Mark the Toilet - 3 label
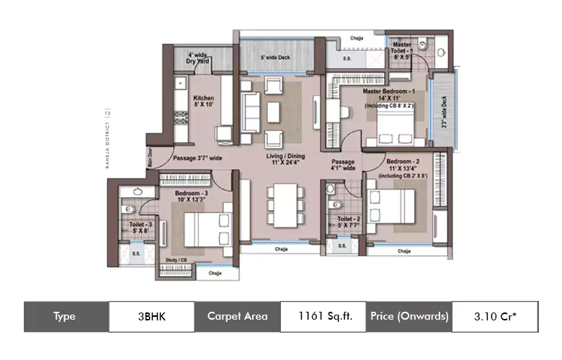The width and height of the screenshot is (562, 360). (138, 228)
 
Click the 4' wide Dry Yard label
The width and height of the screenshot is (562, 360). (198, 58)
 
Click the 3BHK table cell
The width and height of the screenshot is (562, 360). (151, 316)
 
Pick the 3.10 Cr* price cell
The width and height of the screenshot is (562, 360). (494, 316)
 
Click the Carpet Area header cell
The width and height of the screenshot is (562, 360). (237, 316)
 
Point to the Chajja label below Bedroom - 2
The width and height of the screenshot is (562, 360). (403, 251)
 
